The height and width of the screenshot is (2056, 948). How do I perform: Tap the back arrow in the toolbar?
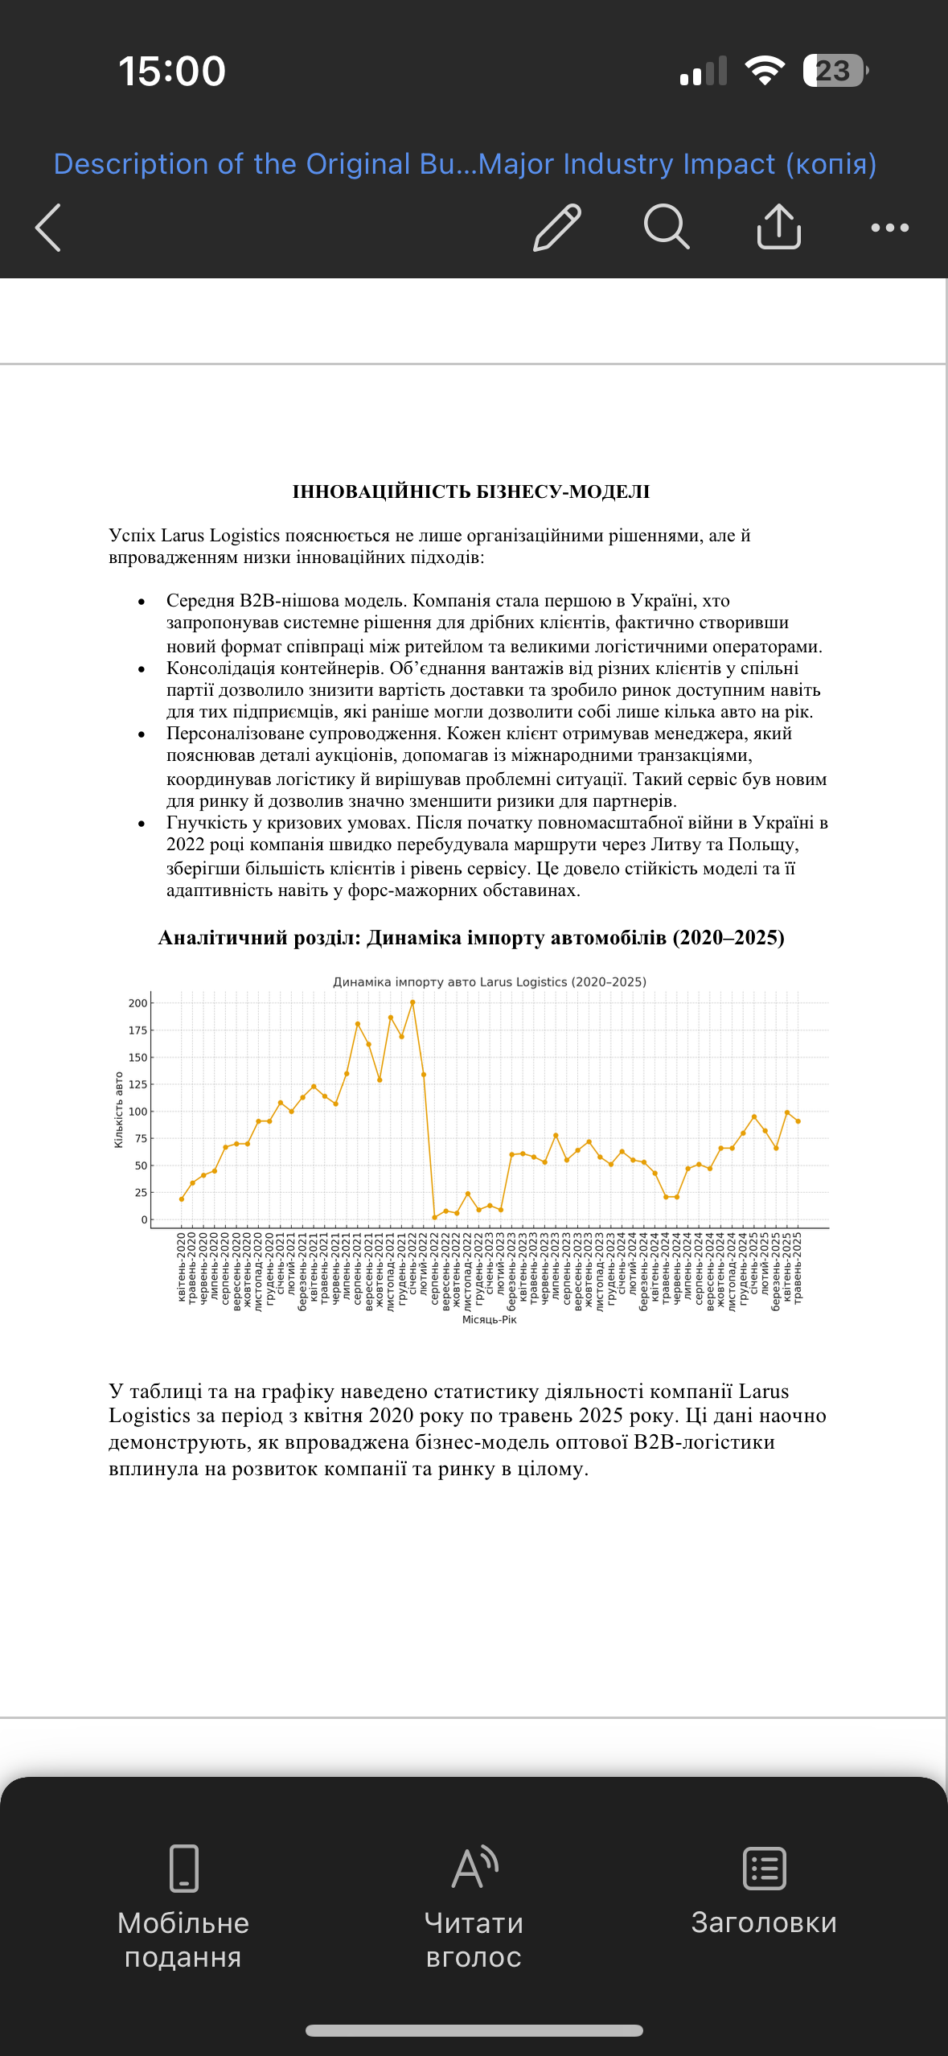point(48,228)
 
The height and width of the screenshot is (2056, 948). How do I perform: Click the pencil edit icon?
point(557,228)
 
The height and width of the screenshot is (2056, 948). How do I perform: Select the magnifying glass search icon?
point(667,228)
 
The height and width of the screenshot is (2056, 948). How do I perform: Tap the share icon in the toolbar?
point(778,227)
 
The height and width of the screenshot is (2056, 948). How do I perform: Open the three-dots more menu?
point(889,228)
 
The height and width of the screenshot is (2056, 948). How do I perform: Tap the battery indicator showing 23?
point(835,71)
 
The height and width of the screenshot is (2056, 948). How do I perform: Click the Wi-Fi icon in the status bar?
point(765,71)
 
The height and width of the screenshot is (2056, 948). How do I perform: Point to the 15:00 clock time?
point(172,71)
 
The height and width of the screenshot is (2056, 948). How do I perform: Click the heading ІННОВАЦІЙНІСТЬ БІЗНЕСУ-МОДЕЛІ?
point(471,491)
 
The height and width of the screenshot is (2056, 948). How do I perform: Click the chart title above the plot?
point(489,982)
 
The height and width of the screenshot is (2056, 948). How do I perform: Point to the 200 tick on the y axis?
point(137,1003)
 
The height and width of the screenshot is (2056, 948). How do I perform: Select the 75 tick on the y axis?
point(140,1138)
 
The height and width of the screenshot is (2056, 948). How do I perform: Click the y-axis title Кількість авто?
point(118,1109)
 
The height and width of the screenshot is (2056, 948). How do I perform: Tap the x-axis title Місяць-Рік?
point(489,1320)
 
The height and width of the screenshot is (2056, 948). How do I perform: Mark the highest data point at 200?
point(412,1002)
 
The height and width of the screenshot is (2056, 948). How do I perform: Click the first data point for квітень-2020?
point(182,1199)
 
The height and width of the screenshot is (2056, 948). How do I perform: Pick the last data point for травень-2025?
point(798,1121)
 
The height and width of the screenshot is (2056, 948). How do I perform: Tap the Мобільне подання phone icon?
point(184,1868)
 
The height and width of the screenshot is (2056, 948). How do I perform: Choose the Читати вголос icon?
point(474,1868)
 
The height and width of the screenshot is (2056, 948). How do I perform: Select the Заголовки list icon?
point(764,1868)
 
